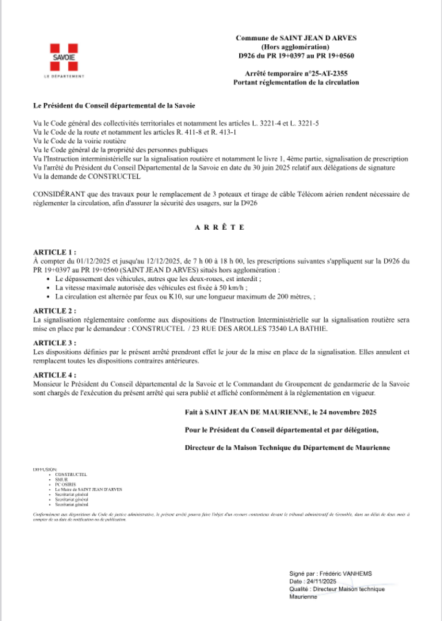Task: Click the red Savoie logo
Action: click(64, 57)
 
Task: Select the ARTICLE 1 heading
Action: click(54, 252)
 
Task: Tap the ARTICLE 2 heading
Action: click(54, 311)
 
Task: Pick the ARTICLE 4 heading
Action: click(54, 375)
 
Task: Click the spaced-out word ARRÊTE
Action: click(220, 227)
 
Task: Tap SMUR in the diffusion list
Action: click(61, 479)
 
